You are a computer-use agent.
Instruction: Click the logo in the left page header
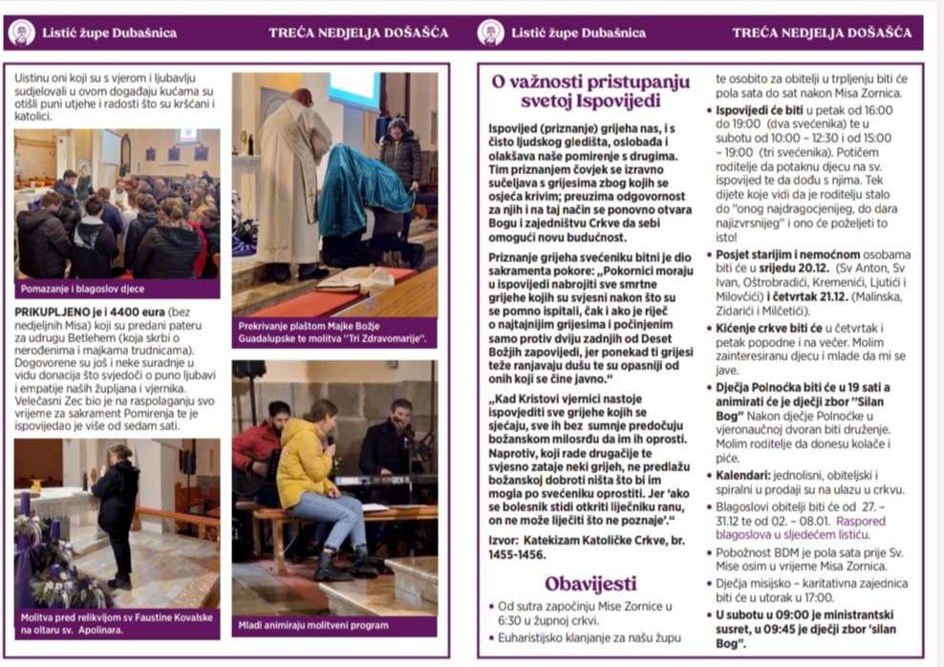[x=22, y=33]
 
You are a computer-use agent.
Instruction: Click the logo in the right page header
[x=491, y=33]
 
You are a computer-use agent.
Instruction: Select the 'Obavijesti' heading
[x=590, y=583]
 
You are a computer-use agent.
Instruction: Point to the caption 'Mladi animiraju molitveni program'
[x=312, y=626]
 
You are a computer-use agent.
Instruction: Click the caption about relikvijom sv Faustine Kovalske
[x=115, y=623]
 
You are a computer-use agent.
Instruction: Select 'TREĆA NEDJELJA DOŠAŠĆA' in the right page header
[x=822, y=33]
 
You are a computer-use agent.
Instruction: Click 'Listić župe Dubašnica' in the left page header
[x=109, y=33]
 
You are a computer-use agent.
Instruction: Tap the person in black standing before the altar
[x=116, y=511]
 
